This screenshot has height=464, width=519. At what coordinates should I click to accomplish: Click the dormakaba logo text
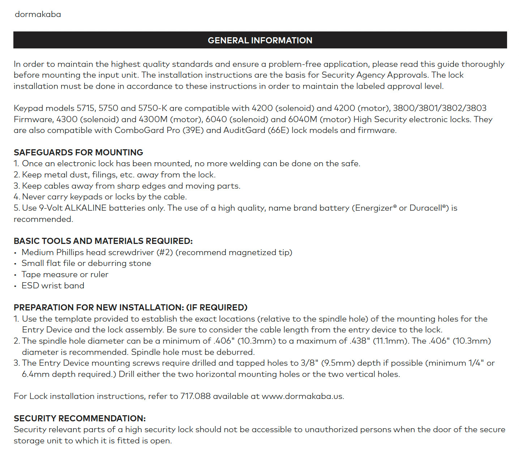point(38,14)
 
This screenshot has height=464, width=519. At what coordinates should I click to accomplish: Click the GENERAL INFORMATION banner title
point(260,40)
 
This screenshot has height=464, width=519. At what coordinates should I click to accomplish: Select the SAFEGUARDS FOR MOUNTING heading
point(78,152)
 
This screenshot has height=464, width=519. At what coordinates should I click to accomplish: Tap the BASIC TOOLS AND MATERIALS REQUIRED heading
point(103,241)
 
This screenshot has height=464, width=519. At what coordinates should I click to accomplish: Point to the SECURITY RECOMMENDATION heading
point(80,418)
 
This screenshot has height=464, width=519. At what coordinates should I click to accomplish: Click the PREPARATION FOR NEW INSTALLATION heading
point(130,308)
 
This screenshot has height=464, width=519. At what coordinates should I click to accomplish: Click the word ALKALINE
point(86,208)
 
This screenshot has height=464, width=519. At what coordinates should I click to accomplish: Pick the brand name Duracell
point(425,208)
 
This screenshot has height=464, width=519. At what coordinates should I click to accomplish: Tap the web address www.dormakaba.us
point(303,396)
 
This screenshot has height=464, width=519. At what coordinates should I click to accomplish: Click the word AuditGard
point(244,130)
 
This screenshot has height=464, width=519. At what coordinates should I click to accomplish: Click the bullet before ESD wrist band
point(15,286)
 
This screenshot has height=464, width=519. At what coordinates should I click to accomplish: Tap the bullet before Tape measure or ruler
point(15,275)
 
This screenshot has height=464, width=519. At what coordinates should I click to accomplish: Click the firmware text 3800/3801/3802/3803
point(439,108)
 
